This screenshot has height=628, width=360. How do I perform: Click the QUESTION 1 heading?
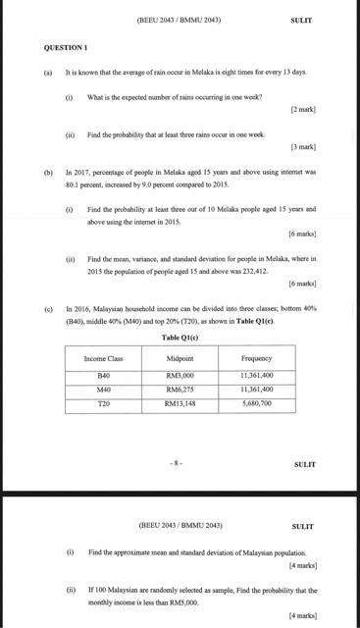pyautogui.click(x=66, y=47)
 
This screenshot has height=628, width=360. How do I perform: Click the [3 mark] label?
pyautogui.click(x=302, y=147)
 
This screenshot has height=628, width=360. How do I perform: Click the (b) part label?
pyautogui.click(x=48, y=171)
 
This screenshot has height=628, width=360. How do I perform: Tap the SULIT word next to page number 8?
pyautogui.click(x=305, y=463)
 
